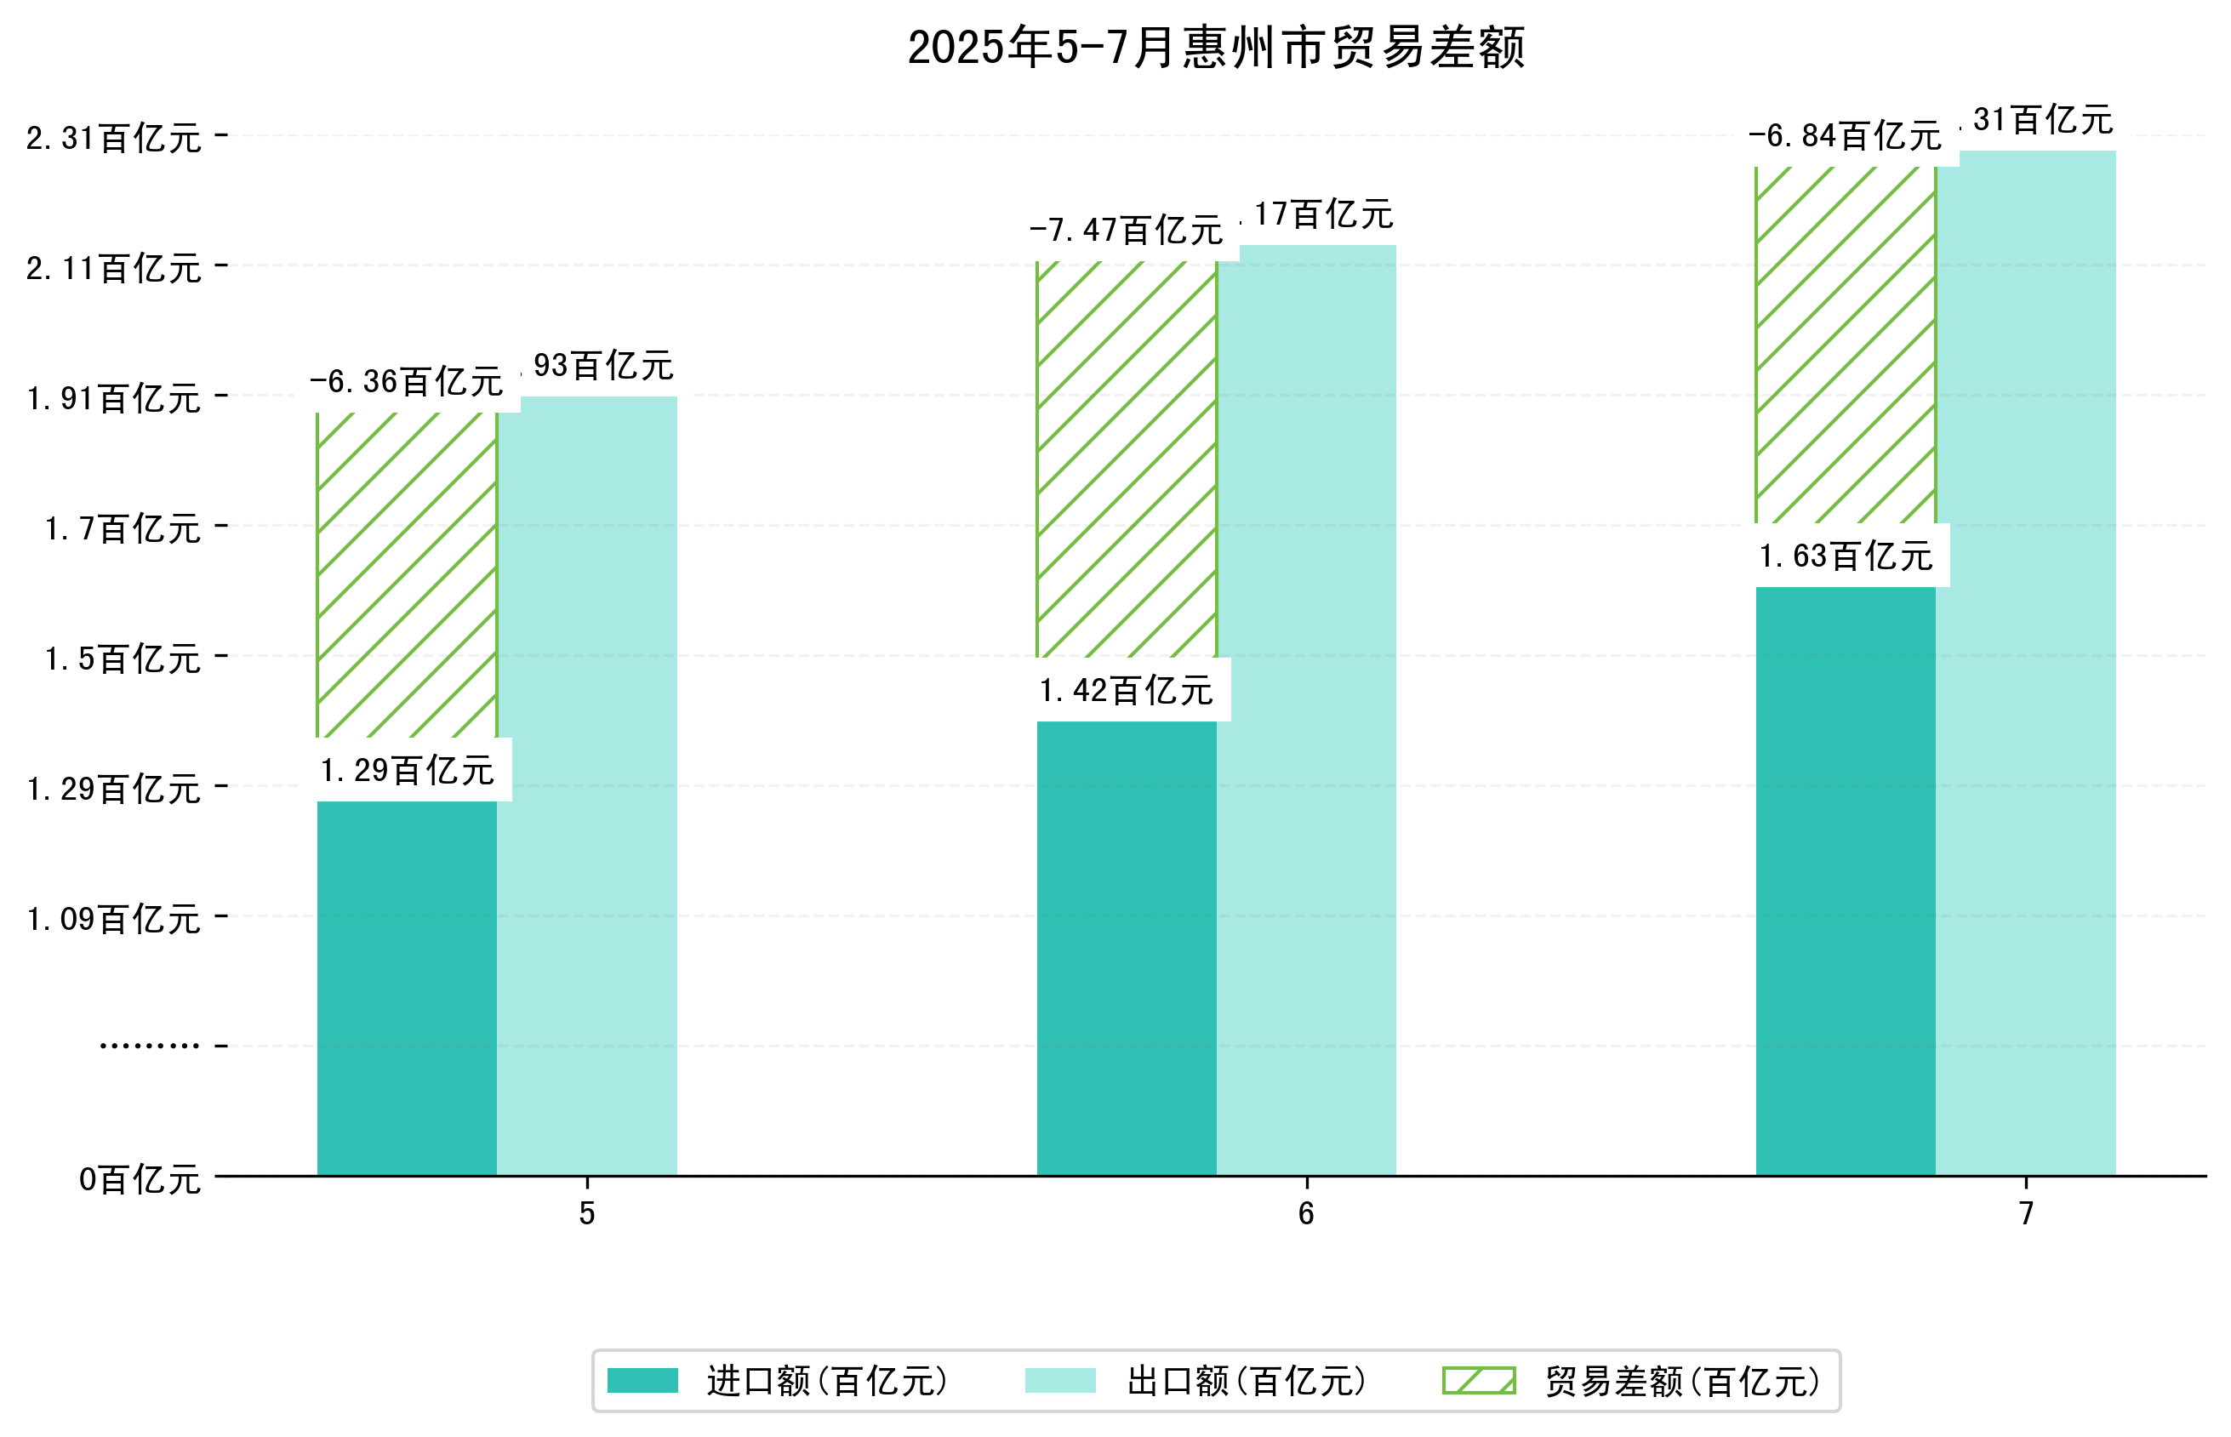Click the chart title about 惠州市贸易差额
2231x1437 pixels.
[x=1215, y=48]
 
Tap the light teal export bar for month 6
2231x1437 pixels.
[x=1305, y=710]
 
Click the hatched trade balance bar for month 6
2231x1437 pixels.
[x=1126, y=459]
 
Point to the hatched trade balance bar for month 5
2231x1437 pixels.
[x=406, y=575]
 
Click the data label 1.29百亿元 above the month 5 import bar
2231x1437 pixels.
[x=407, y=771]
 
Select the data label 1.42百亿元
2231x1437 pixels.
[x=1126, y=691]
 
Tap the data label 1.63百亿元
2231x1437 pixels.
[x=1845, y=556]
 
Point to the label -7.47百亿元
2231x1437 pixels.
[x=1126, y=230]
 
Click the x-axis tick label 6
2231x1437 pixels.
[x=1305, y=1213]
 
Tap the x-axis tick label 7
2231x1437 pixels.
[x=2025, y=1213]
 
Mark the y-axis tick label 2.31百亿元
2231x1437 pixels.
[x=113, y=138]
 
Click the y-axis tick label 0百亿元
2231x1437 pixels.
[x=139, y=1179]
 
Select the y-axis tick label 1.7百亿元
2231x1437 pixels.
[x=123, y=529]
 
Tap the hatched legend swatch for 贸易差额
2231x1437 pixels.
[x=1478, y=1380]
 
